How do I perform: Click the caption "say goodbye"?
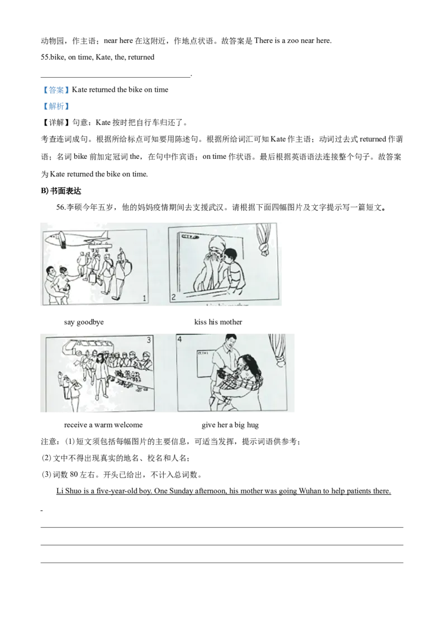[x=83, y=322]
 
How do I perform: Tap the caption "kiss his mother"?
[x=218, y=322]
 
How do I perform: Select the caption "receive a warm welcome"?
[x=103, y=424]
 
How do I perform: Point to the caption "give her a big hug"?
[x=230, y=424]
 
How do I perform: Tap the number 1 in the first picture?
[x=144, y=299]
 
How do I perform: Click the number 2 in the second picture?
[x=173, y=297]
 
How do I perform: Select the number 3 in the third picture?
[x=149, y=340]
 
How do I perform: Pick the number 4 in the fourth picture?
[x=180, y=339]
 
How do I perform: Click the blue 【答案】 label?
[x=56, y=89]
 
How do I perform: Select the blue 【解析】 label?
[x=56, y=106]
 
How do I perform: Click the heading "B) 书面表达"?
[x=61, y=191]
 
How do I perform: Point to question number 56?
[x=61, y=207]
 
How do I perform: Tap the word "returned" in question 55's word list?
[x=141, y=58]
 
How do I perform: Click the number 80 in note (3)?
[x=74, y=475]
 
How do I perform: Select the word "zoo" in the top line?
[x=293, y=41]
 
